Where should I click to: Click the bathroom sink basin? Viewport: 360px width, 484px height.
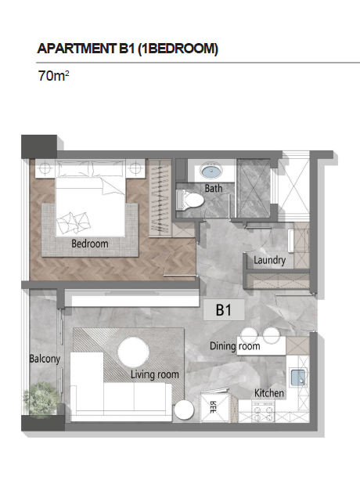coord(211,171)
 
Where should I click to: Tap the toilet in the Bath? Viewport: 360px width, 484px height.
coord(189,200)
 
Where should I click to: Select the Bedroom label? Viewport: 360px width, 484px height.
coord(90,244)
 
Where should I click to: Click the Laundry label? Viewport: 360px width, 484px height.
coord(269,260)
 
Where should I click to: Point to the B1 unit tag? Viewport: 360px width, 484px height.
coord(224,309)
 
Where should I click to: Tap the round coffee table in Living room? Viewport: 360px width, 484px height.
coord(133,352)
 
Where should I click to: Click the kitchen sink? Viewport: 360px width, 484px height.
coord(297,377)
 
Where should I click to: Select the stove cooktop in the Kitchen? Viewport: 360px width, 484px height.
coord(263,413)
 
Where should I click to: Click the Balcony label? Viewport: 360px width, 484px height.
coord(45,359)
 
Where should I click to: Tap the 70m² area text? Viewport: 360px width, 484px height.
coord(53,76)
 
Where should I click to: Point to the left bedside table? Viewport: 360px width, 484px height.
coord(45,168)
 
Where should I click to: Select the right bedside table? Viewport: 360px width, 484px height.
coord(135,168)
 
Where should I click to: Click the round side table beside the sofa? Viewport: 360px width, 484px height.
coord(184,410)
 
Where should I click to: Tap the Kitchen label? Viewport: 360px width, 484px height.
coord(269,393)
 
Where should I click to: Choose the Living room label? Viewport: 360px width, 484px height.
coord(154,374)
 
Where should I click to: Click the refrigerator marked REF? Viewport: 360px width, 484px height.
coord(214,407)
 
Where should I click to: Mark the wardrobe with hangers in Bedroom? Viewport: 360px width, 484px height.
coord(160,198)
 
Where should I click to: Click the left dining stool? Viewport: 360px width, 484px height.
coord(249,335)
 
